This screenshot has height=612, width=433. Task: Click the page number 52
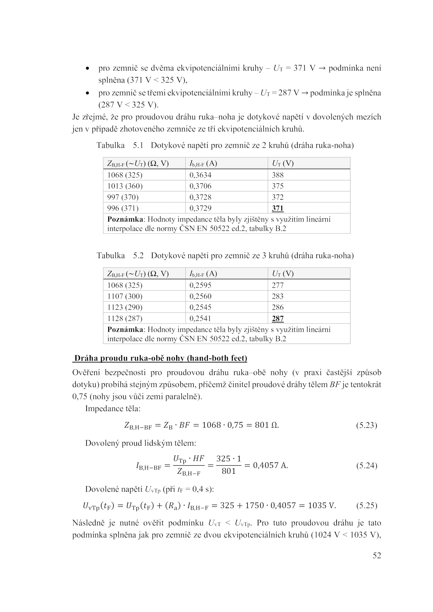(x=377, y=555)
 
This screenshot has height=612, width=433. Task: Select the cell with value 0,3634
(x=200, y=175)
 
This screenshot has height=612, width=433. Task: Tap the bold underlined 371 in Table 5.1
(x=278, y=208)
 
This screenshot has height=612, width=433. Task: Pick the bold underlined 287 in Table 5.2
(x=278, y=318)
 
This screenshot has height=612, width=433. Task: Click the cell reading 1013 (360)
(x=125, y=186)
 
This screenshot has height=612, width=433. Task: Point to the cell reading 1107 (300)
(x=125, y=296)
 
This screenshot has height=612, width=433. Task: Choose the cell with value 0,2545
(x=200, y=307)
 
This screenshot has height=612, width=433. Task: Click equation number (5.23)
(x=366, y=426)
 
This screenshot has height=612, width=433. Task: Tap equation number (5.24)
(x=366, y=466)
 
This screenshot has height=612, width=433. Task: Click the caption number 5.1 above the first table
(x=138, y=146)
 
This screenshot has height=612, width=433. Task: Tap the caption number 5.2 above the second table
(x=138, y=256)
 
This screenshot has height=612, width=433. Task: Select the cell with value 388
(x=278, y=175)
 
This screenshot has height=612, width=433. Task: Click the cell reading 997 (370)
(x=123, y=197)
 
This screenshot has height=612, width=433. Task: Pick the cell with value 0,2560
(x=200, y=296)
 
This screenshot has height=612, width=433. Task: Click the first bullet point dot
(x=87, y=69)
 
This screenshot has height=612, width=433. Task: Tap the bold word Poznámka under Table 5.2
(x=125, y=330)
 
